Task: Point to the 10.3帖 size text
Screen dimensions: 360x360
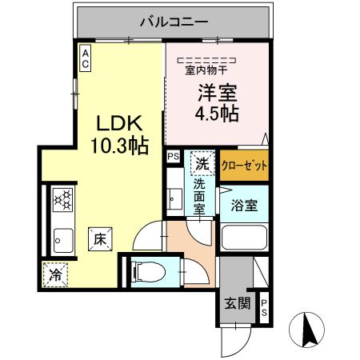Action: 118,146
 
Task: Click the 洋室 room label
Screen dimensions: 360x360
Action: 215,91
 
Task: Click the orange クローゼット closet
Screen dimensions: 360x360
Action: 243,166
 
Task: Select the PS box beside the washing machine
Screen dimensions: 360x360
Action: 173,158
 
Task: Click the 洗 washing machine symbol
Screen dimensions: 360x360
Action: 202,164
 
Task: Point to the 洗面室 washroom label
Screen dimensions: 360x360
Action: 200,196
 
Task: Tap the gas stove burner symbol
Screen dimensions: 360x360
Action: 62,200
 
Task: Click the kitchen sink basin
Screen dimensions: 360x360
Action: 62,238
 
